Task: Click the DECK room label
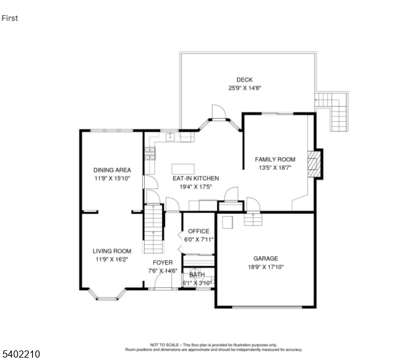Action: [x=244, y=80]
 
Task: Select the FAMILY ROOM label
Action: [x=275, y=160]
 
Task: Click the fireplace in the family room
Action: [x=315, y=164]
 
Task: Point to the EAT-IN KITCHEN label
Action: [x=196, y=178]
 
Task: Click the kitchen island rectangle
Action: [x=184, y=168]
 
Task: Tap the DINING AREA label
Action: [x=112, y=170]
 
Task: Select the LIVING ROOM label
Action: [x=112, y=251]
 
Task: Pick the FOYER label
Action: [x=163, y=263]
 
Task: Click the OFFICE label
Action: [x=198, y=231]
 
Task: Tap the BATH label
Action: [x=197, y=274]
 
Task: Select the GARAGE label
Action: [x=265, y=258]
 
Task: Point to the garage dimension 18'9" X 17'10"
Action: [x=265, y=267]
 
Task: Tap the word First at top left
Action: [x=10, y=18]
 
